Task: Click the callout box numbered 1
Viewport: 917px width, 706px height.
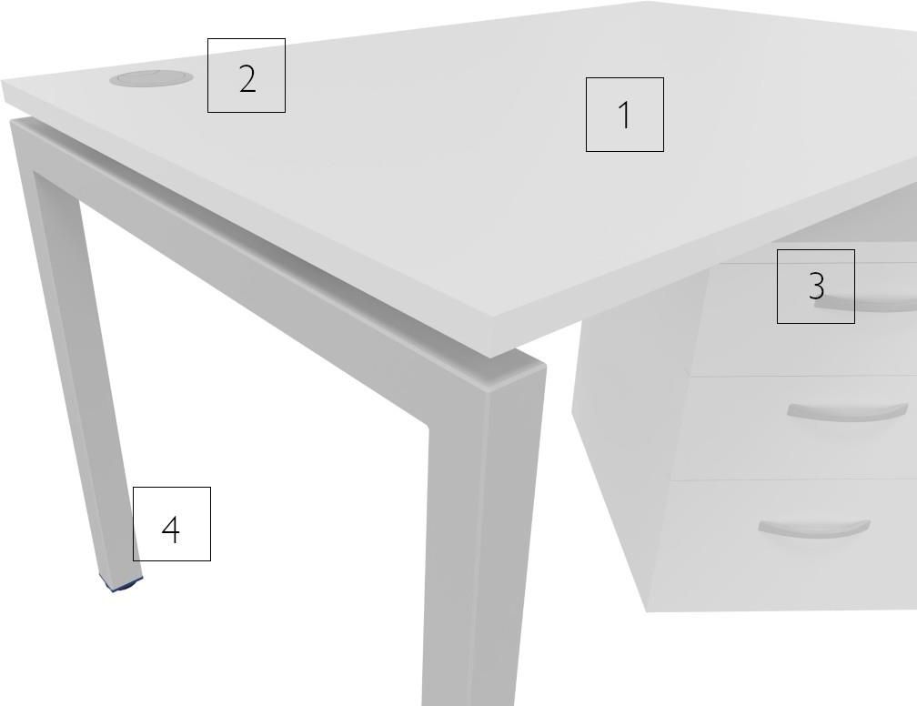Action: [625, 114]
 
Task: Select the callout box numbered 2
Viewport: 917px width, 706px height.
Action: [247, 76]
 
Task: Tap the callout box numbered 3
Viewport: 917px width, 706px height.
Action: [816, 286]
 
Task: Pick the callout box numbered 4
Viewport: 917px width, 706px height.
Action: [171, 523]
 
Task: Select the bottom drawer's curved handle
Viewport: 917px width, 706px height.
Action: [814, 529]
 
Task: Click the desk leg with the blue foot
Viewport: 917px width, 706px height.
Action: [76, 351]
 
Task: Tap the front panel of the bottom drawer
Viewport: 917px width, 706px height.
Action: [783, 545]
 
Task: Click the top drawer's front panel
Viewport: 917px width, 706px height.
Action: [813, 318]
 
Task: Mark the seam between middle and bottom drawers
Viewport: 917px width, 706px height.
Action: [794, 480]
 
